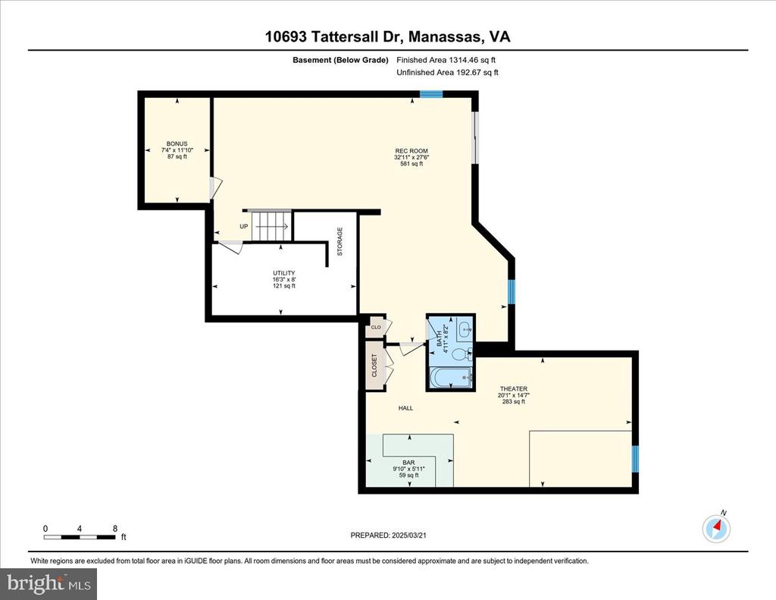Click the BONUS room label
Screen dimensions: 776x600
[x=177, y=143]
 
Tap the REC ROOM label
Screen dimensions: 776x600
[x=411, y=151]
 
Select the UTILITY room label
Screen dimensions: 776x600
[x=284, y=273]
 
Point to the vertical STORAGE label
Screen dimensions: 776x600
[x=339, y=241]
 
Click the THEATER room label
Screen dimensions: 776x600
[x=513, y=389]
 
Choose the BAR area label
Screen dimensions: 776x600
[x=408, y=463]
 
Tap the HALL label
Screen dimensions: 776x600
[x=406, y=408]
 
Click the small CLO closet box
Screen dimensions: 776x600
[x=376, y=327]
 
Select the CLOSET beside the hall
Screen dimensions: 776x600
[x=374, y=365]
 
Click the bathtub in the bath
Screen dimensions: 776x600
[x=452, y=379]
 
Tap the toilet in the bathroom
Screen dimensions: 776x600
[x=460, y=354]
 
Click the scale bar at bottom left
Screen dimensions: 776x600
[x=80, y=536]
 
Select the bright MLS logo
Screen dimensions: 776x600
[x=48, y=583]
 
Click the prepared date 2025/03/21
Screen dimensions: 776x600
[x=408, y=535]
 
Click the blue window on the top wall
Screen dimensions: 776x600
[x=431, y=94]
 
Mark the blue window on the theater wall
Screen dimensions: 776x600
[x=636, y=458]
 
